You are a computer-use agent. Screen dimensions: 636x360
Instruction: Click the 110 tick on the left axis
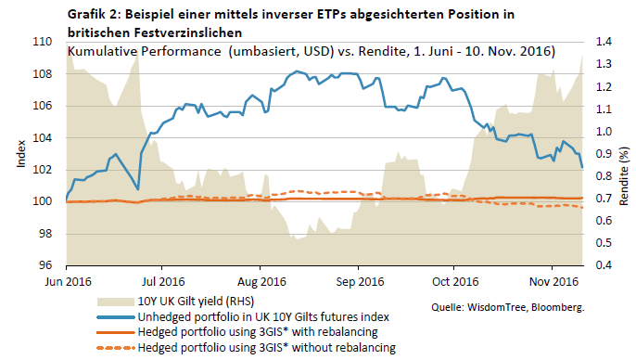(43, 42)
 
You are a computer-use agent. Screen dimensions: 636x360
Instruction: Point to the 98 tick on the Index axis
(45, 234)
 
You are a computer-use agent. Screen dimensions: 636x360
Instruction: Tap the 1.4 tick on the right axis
(604, 42)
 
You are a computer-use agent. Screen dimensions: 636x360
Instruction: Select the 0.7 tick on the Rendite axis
(604, 199)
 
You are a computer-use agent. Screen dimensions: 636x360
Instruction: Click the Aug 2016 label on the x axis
(261, 282)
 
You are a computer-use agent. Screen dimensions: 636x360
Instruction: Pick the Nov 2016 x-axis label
(553, 282)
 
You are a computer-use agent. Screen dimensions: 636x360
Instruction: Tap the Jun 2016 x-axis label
(69, 282)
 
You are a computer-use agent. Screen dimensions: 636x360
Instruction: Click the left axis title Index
(21, 154)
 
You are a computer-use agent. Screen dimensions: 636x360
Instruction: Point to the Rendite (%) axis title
(624, 176)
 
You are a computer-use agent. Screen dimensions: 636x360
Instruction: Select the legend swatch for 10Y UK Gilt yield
(115, 302)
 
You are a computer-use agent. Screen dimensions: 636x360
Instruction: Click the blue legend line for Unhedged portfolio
(115, 317)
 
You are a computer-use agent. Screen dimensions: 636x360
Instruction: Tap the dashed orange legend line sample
(115, 348)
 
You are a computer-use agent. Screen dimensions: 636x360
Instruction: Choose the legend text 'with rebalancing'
(335, 332)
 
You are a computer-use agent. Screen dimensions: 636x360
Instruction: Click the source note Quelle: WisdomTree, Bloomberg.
(508, 307)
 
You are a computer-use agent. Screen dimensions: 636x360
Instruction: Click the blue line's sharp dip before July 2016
(138, 189)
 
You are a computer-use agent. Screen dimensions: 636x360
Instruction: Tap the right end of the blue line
(582, 167)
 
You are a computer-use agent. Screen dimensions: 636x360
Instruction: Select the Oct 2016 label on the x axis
(455, 282)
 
